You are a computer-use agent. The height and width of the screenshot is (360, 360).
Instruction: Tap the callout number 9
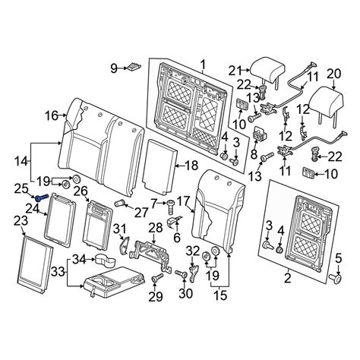[114, 68]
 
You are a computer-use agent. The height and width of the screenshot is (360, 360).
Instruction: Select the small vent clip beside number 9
[134, 66]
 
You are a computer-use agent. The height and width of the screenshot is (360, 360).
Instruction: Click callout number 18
[191, 166]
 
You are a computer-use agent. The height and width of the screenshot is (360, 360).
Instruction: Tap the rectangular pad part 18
[159, 166]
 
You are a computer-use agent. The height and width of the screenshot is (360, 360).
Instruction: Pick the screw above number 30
[181, 273]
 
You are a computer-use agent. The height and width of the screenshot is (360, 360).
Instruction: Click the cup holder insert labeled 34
[105, 261]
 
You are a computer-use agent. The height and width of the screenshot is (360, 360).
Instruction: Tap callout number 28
[156, 228]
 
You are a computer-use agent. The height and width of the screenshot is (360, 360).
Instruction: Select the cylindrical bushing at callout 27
[122, 203]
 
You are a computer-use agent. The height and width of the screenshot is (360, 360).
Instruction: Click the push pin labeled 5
[336, 279]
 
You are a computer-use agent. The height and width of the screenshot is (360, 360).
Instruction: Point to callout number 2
[288, 279]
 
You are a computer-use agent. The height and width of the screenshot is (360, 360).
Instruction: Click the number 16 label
[52, 116]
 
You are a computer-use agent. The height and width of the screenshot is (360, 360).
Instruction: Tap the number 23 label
[21, 221]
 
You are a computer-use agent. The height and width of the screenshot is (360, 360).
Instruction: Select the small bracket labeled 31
[124, 245]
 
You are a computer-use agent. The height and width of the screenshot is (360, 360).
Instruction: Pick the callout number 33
[58, 272]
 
